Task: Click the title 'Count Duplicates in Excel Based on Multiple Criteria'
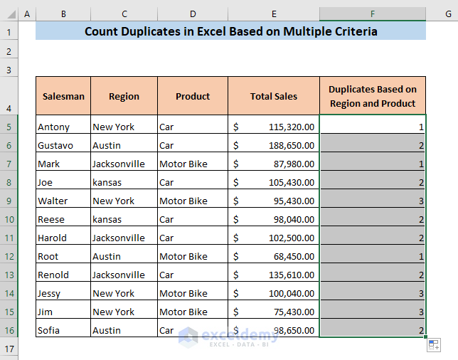click(x=230, y=31)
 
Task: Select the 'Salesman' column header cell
click(x=63, y=96)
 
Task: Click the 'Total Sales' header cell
click(x=274, y=96)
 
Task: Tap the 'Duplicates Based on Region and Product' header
click(x=373, y=96)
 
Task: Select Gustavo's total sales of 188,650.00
click(x=274, y=145)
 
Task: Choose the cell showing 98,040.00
click(x=274, y=219)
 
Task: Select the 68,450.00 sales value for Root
click(x=274, y=256)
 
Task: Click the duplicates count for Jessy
click(x=373, y=293)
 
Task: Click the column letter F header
click(x=373, y=14)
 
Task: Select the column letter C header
click(x=124, y=14)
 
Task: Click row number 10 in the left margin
click(x=9, y=219)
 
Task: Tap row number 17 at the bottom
click(x=9, y=349)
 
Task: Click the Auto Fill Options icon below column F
click(x=432, y=344)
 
